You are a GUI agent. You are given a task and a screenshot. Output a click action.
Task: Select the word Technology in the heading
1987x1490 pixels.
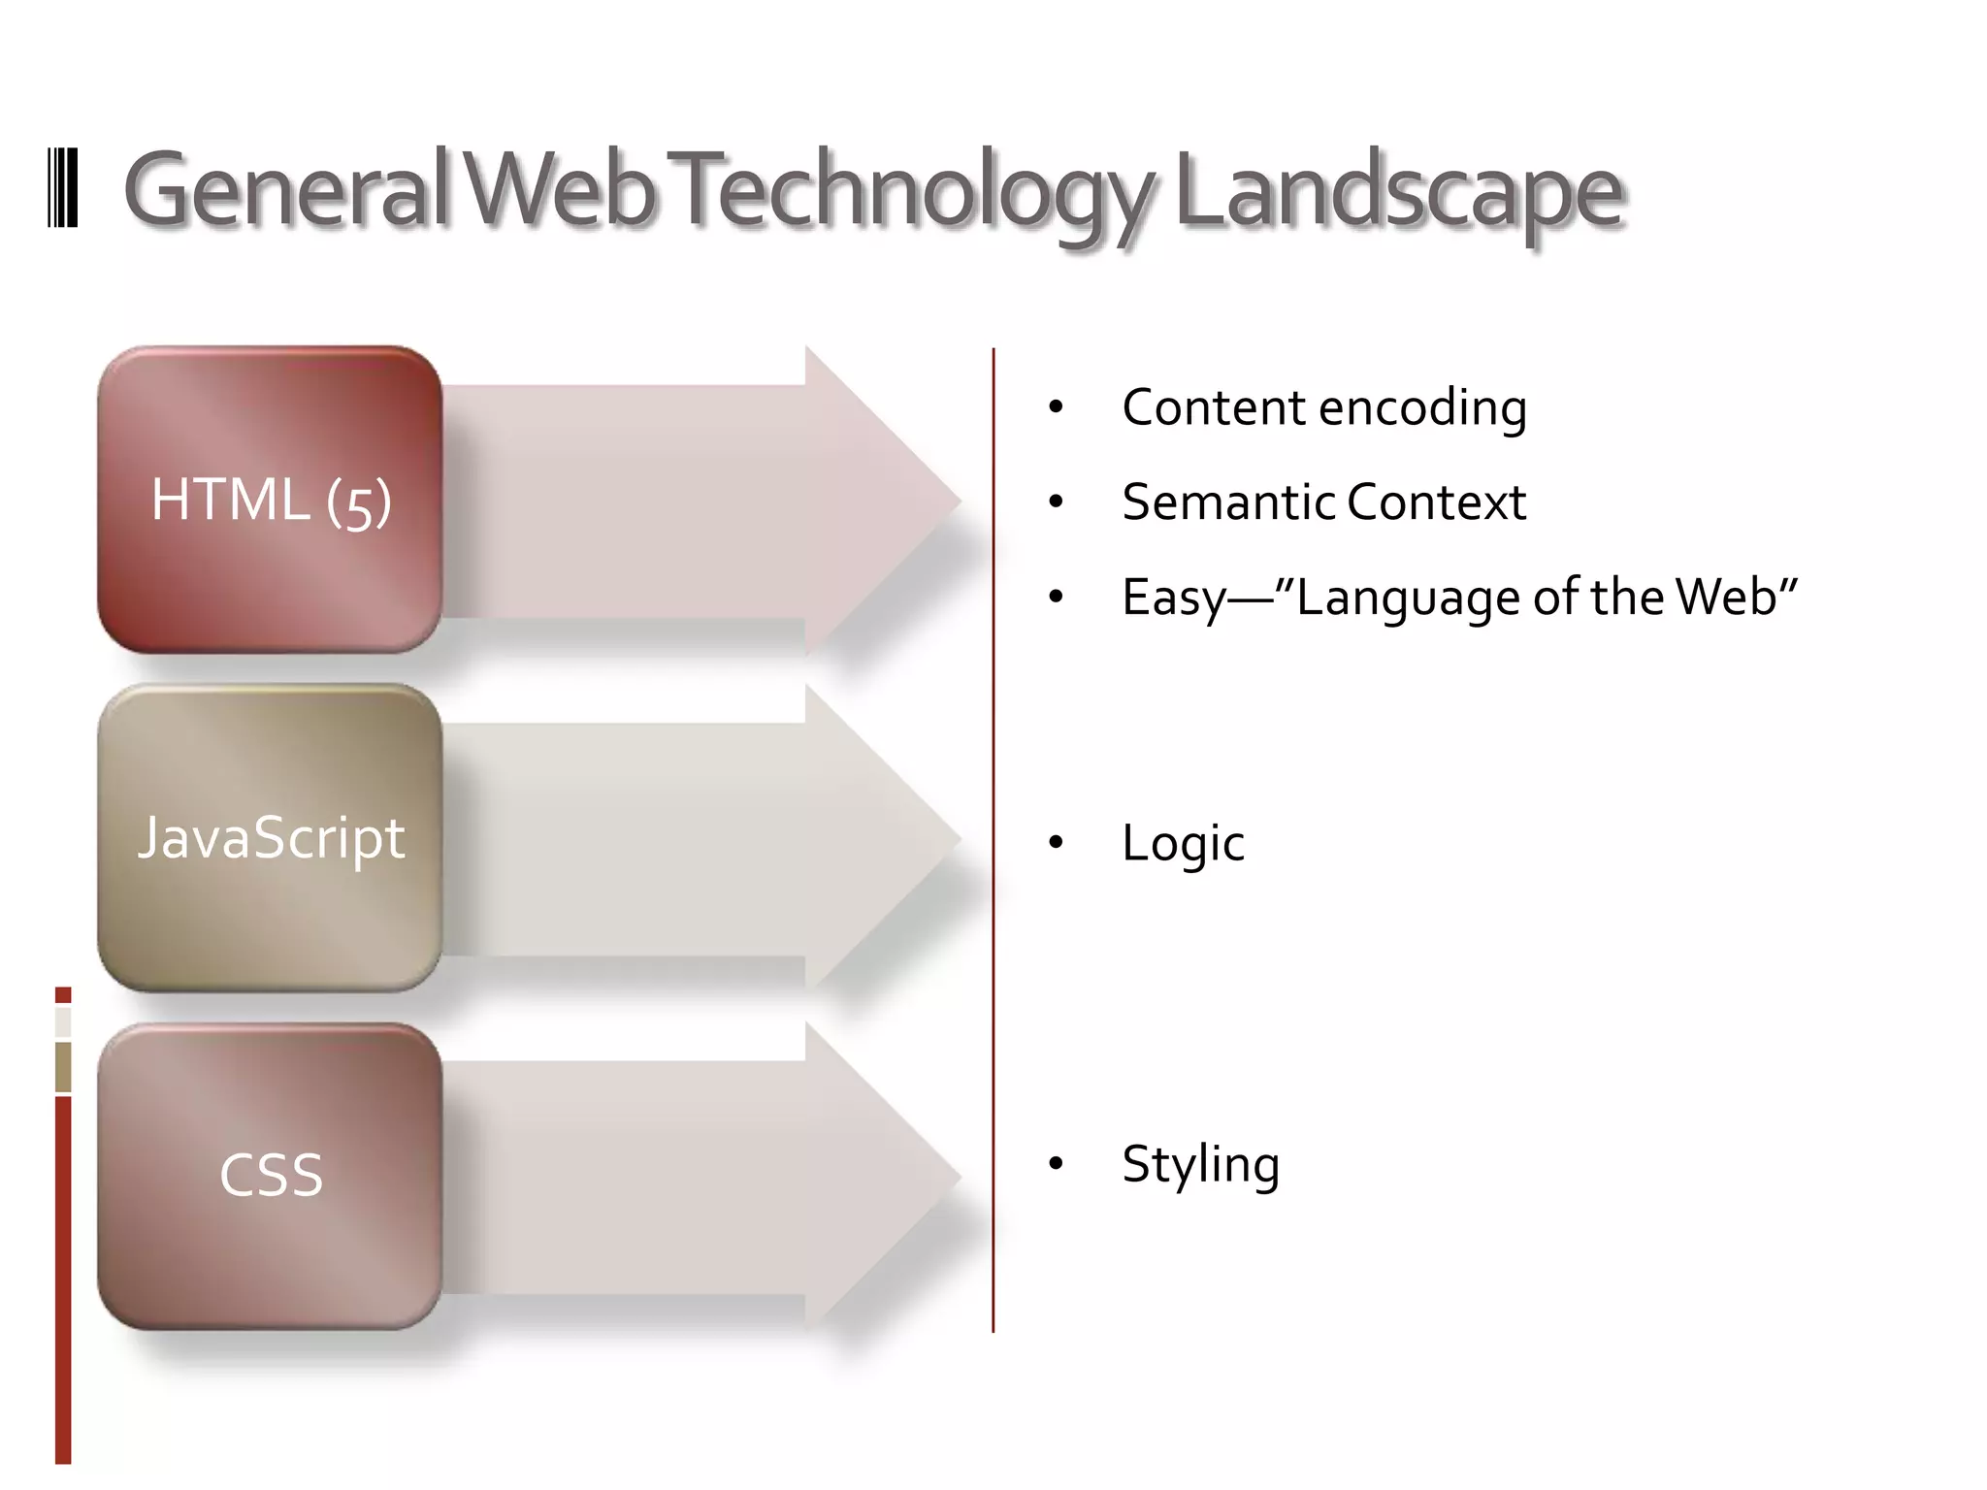pyautogui.click(x=912, y=191)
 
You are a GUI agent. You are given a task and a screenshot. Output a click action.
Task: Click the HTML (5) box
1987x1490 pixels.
pyautogui.click(x=271, y=500)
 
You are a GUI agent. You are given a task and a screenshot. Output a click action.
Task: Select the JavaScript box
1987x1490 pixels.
pyautogui.click(x=271, y=837)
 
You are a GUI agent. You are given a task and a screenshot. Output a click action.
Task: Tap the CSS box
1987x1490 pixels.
pyautogui.click(x=271, y=1175)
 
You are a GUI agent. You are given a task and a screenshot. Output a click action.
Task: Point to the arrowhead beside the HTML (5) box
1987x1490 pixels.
pyautogui.click(x=878, y=502)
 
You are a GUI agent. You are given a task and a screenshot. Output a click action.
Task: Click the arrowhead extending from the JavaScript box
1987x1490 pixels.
pyautogui.click(x=878, y=839)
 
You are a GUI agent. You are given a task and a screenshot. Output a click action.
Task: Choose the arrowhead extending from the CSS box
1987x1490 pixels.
pyautogui.click(x=878, y=1177)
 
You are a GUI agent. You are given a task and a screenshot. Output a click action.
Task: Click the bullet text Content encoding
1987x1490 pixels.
pyautogui.click(x=1324, y=407)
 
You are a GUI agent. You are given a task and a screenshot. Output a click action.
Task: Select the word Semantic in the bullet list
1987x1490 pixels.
pyautogui.click(x=1227, y=502)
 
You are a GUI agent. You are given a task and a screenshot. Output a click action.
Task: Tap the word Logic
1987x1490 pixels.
pyautogui.click(x=1183, y=842)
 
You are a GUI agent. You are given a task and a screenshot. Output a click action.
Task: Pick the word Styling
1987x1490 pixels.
pyautogui.click(x=1200, y=1164)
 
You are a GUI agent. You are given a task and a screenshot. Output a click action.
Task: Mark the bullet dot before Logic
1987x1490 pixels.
pyautogui.click(x=1056, y=842)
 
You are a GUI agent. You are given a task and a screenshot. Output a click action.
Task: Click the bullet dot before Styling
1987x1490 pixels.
pyautogui.click(x=1056, y=1163)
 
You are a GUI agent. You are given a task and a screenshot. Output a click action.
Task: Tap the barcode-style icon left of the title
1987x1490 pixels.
pyautogui.click(x=63, y=188)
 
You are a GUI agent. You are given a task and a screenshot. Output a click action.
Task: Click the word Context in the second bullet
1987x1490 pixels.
pyautogui.click(x=1436, y=502)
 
